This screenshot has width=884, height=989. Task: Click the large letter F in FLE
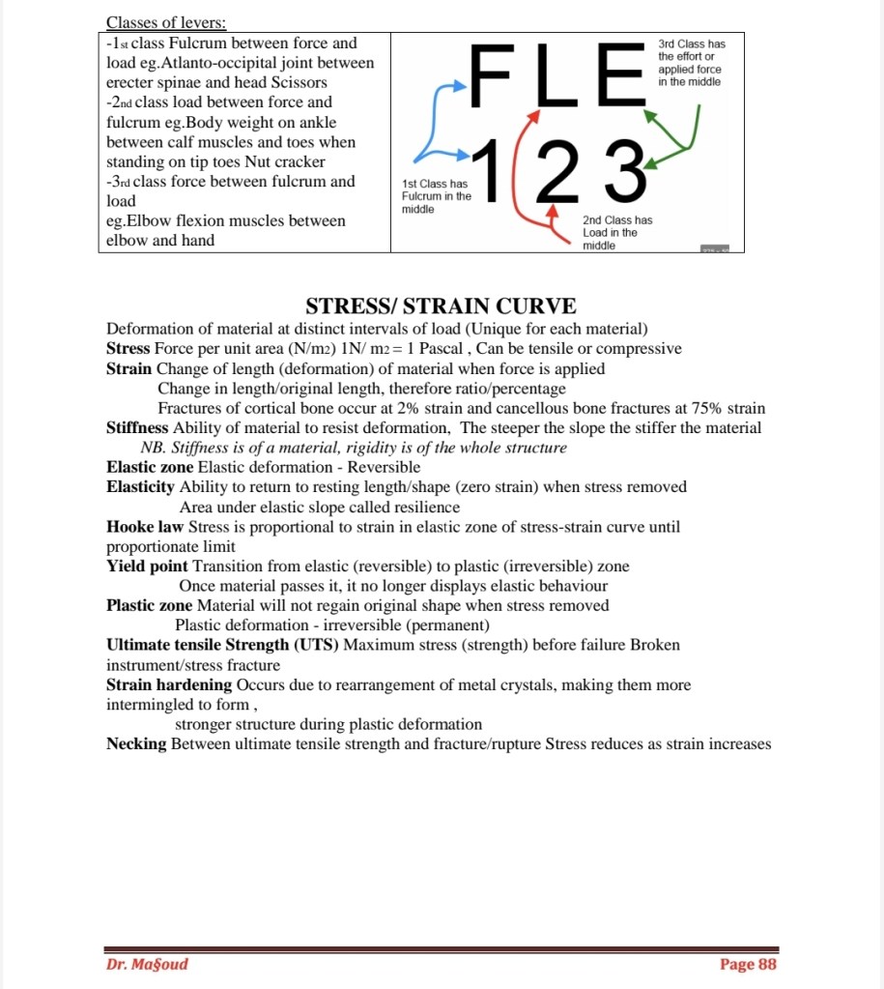pyautogui.click(x=496, y=75)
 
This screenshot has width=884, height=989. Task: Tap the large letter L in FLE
pyautogui.click(x=554, y=75)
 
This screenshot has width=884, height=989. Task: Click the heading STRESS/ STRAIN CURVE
pyautogui.click(x=442, y=306)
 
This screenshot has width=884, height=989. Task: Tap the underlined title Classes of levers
pyautogui.click(x=166, y=22)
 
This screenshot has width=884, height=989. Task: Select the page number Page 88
pyautogui.click(x=748, y=964)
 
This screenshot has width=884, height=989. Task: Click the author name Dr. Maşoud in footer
pyautogui.click(x=147, y=964)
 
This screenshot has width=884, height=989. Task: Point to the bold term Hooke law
pyautogui.click(x=145, y=527)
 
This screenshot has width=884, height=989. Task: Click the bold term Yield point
pyautogui.click(x=147, y=566)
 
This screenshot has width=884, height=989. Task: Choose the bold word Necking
pyautogui.click(x=136, y=744)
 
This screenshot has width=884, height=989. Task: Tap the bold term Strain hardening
pyautogui.click(x=169, y=684)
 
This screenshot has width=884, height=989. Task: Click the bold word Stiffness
pyautogui.click(x=137, y=427)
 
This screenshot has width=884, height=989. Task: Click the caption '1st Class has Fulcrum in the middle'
pyautogui.click(x=437, y=196)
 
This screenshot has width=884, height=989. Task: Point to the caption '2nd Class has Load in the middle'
pyautogui.click(x=617, y=233)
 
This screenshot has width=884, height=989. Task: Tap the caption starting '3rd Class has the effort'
pyautogui.click(x=690, y=63)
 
